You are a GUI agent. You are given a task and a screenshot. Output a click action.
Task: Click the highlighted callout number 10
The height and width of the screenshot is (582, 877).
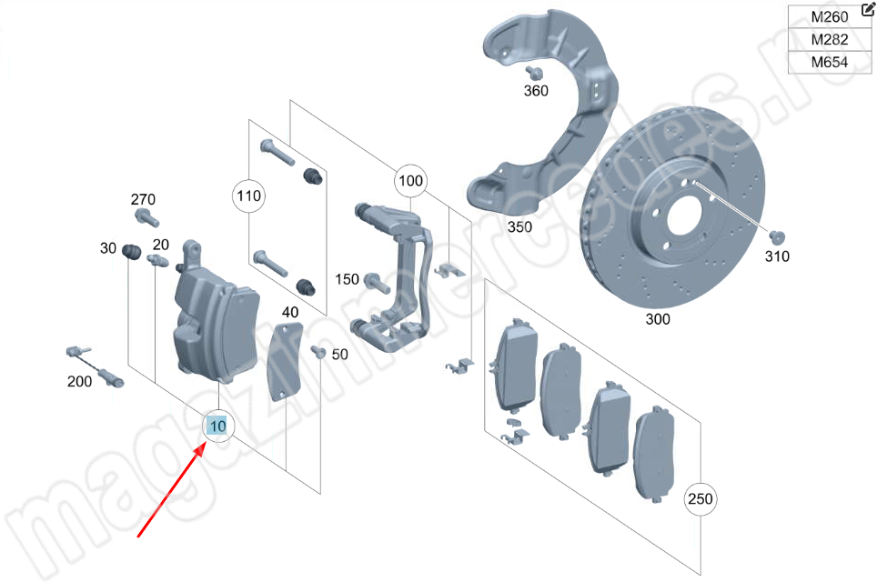click(218, 425)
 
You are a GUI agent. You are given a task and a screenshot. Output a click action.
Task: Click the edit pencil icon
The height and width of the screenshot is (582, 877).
click(866, 9)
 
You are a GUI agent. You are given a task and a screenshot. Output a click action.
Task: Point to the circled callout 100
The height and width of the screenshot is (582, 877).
click(411, 182)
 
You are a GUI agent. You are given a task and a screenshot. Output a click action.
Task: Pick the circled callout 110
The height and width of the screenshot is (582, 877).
click(249, 196)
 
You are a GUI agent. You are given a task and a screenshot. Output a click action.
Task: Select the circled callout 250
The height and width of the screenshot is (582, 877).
click(701, 498)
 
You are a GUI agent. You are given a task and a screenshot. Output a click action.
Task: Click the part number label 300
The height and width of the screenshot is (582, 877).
click(658, 319)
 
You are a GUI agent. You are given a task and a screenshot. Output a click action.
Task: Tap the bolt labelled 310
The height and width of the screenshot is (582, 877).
click(775, 236)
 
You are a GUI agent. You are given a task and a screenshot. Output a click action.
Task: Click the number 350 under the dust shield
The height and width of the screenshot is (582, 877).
click(519, 226)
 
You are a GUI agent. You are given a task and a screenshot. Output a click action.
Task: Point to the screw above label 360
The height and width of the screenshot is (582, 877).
click(535, 73)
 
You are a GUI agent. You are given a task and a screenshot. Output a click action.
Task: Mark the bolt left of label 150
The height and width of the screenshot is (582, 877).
click(374, 280)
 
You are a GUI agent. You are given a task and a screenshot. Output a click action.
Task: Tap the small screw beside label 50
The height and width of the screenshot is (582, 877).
click(318, 352)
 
